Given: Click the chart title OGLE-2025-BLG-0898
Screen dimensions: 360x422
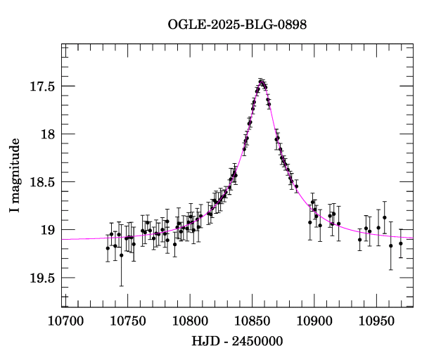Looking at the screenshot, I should pyautogui.click(x=237, y=24).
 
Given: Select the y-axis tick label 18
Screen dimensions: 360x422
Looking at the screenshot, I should pyautogui.click(x=48, y=134).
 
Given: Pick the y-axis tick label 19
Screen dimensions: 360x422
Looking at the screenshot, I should pyautogui.click(x=48, y=230).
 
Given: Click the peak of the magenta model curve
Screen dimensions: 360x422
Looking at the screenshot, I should pyautogui.click(x=262, y=82).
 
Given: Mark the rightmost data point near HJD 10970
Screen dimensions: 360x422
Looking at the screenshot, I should pyautogui.click(x=401, y=243).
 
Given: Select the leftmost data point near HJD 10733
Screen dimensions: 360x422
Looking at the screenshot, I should pyautogui.click(x=108, y=248).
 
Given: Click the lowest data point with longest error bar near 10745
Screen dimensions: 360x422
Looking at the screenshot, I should pyautogui.click(x=121, y=255).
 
